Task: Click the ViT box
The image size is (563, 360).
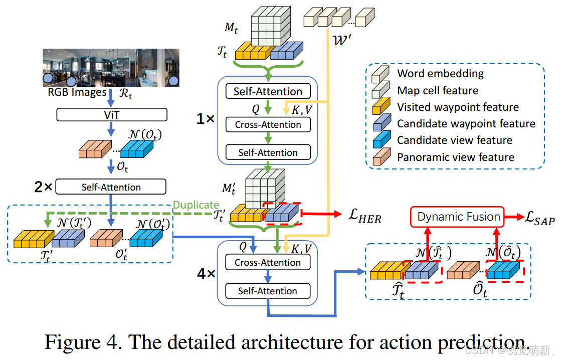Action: (x=111, y=115)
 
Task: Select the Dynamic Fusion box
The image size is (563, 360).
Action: (x=459, y=217)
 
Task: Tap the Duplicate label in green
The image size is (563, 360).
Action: (x=196, y=205)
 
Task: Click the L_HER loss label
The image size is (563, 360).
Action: (x=364, y=217)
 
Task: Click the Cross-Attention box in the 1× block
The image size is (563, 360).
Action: (x=268, y=124)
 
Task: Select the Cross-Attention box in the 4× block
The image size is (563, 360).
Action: (x=268, y=262)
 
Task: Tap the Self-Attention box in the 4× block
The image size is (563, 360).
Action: (x=268, y=291)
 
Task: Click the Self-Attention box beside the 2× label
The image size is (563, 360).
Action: (x=111, y=187)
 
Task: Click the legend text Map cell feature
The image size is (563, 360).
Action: (x=438, y=90)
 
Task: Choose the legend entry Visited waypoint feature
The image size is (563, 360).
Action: (x=458, y=107)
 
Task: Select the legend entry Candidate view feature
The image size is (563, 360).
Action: (x=455, y=140)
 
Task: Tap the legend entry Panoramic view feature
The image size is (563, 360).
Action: (x=456, y=157)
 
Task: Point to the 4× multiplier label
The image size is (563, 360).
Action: (x=206, y=274)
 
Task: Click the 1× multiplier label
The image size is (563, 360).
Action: (x=206, y=120)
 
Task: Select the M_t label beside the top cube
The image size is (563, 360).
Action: (x=231, y=28)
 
